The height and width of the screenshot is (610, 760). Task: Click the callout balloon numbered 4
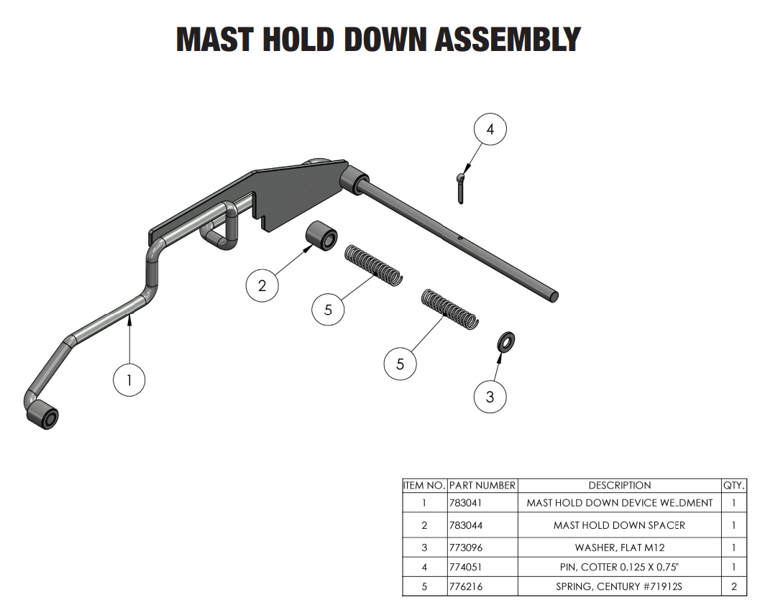click(490, 129)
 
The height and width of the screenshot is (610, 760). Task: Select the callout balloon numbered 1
click(129, 380)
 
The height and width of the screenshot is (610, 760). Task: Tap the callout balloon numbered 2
click(262, 286)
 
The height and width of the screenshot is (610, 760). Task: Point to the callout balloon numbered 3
click(490, 397)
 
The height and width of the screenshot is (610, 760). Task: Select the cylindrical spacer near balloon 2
click(320, 237)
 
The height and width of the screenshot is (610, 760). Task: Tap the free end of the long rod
click(554, 295)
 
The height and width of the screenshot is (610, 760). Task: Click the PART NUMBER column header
click(482, 485)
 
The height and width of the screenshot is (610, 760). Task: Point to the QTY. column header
click(734, 485)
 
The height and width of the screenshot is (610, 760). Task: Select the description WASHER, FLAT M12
click(619, 547)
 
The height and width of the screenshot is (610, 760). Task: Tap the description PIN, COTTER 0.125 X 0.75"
click(619, 567)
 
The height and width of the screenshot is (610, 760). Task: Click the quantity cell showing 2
click(734, 587)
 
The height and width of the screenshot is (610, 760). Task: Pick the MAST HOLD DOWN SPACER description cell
click(619, 525)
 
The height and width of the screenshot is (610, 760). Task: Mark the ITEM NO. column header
click(424, 485)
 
